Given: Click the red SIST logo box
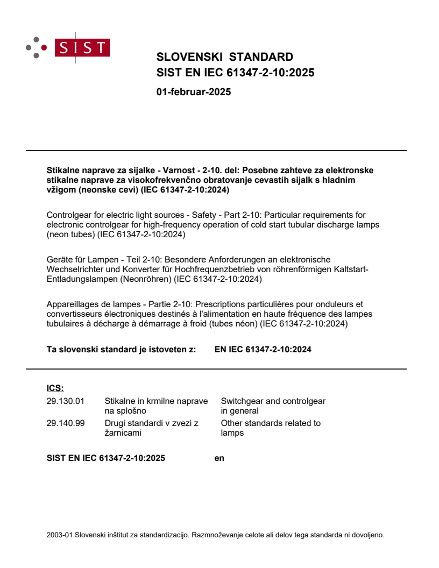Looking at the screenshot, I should (83, 48).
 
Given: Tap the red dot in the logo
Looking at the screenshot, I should (44, 48).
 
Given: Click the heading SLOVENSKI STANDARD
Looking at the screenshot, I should (224, 57).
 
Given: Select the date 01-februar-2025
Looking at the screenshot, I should (193, 92).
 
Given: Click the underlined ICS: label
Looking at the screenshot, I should (55, 388).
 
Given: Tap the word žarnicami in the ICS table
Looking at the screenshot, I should (122, 433).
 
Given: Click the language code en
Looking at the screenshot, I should (219, 458).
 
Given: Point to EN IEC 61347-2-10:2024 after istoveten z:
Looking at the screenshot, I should (263, 350).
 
